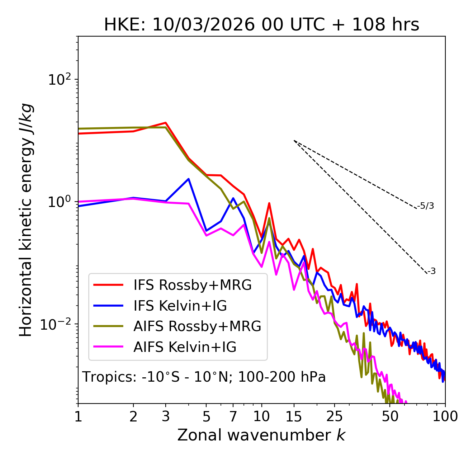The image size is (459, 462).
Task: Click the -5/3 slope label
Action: coord(426,206)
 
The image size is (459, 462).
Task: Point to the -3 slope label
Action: coord(431,272)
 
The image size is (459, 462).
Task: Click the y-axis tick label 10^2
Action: coord(60,80)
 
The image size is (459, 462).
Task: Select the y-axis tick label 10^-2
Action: coord(57,324)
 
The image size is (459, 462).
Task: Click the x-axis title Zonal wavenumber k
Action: coord(261,435)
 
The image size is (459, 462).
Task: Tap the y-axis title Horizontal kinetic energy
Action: coord(26,220)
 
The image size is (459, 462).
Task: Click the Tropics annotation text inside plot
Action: coord(204,377)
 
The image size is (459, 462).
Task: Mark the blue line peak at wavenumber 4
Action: coord(189,179)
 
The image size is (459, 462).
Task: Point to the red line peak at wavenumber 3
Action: coord(166,123)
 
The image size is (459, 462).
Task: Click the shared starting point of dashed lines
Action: coord(294,141)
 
